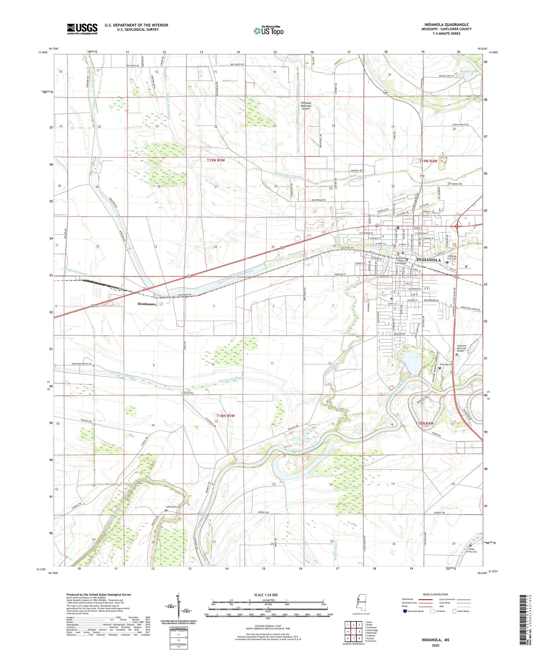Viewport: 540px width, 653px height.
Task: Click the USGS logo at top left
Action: pos(82,29)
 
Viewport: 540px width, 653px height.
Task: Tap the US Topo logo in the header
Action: pos(268,31)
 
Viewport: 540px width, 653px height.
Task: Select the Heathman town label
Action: pos(146,304)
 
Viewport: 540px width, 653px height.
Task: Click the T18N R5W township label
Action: pos(225,416)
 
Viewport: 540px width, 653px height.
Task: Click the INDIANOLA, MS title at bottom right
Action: pos(436,640)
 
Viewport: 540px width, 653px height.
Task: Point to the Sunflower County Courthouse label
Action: pos(401,260)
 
